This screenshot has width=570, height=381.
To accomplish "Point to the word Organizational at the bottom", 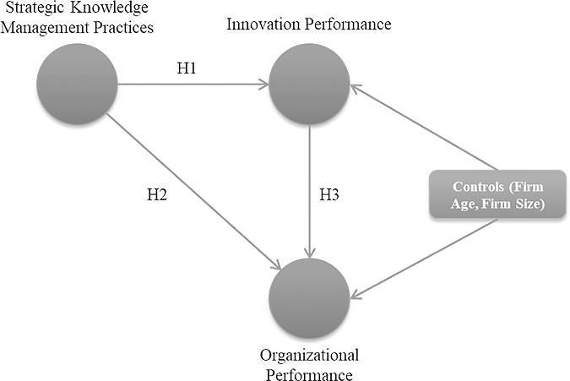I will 310,353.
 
